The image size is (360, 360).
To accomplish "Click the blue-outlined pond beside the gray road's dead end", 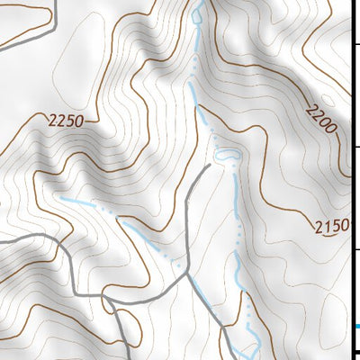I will point(229,157).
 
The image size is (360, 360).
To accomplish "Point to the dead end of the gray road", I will point(209,166).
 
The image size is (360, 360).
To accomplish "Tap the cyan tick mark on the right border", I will point(355,325).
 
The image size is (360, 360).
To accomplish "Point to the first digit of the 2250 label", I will point(52,121).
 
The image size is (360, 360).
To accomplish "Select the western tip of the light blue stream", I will point(61,197).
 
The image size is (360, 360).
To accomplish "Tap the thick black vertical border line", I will point(352,180).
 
